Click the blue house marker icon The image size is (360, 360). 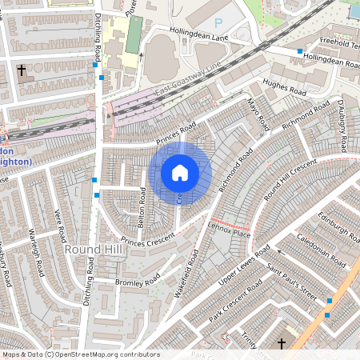(x=180, y=172)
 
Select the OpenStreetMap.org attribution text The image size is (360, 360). (x=102, y=354)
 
